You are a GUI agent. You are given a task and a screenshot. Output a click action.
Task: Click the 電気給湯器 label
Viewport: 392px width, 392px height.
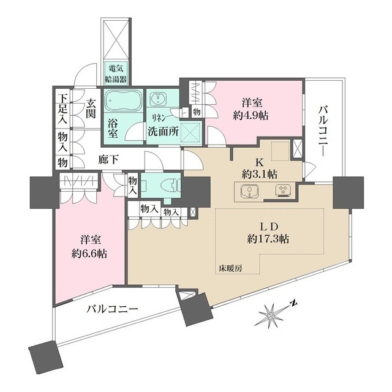pos(116,73)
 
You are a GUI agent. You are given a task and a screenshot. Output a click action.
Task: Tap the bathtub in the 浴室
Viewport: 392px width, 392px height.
pos(123,100)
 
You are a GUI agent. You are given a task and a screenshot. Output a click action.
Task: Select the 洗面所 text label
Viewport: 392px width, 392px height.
pos(164,130)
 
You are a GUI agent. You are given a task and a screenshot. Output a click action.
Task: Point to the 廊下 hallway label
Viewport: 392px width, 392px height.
pos(110,159)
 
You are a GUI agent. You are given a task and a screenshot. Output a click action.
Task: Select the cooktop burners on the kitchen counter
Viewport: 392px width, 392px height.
pos(284,191)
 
